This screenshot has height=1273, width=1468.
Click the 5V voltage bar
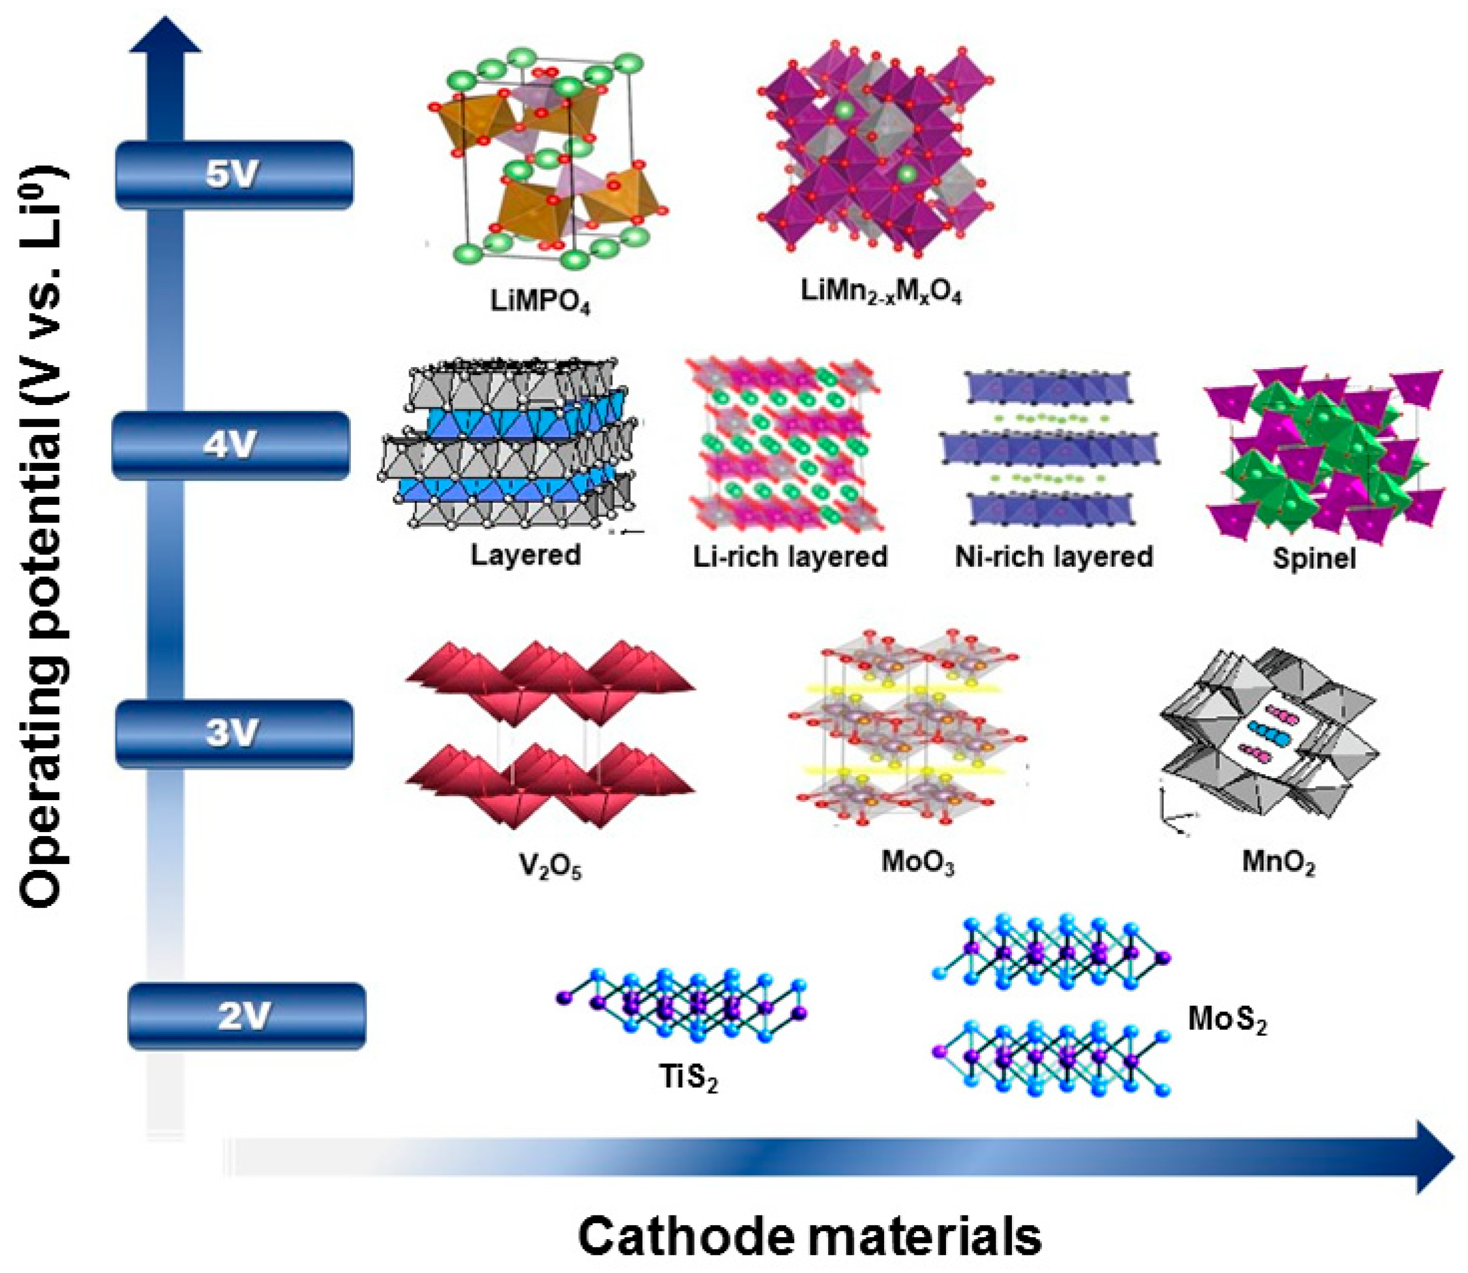tap(233, 175)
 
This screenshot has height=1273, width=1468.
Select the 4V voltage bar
tap(231, 445)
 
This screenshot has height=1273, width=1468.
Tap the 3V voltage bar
tap(233, 733)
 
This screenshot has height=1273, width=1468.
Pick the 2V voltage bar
tap(246, 1016)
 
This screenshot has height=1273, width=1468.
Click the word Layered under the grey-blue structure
tap(525, 555)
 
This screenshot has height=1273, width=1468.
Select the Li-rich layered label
tap(790, 557)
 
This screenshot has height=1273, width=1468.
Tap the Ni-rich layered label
tap(1054, 557)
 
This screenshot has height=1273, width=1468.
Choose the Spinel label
tap(1314, 558)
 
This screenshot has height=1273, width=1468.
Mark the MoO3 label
tap(918, 863)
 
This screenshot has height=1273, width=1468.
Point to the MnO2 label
tap(1278, 863)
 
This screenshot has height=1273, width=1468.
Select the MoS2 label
tap(1227, 1021)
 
